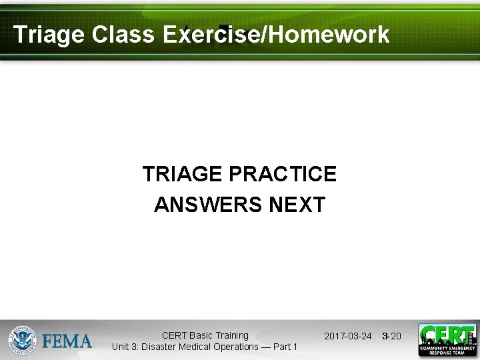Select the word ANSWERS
click(x=208, y=205)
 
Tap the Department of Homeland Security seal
click(x=22, y=340)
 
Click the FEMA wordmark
click(x=67, y=341)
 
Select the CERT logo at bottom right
click(x=447, y=340)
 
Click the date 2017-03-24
click(x=347, y=336)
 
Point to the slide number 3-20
click(x=391, y=336)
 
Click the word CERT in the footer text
click(x=174, y=335)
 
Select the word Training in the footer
click(x=233, y=335)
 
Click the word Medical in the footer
click(x=196, y=347)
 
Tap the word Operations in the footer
click(x=237, y=347)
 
